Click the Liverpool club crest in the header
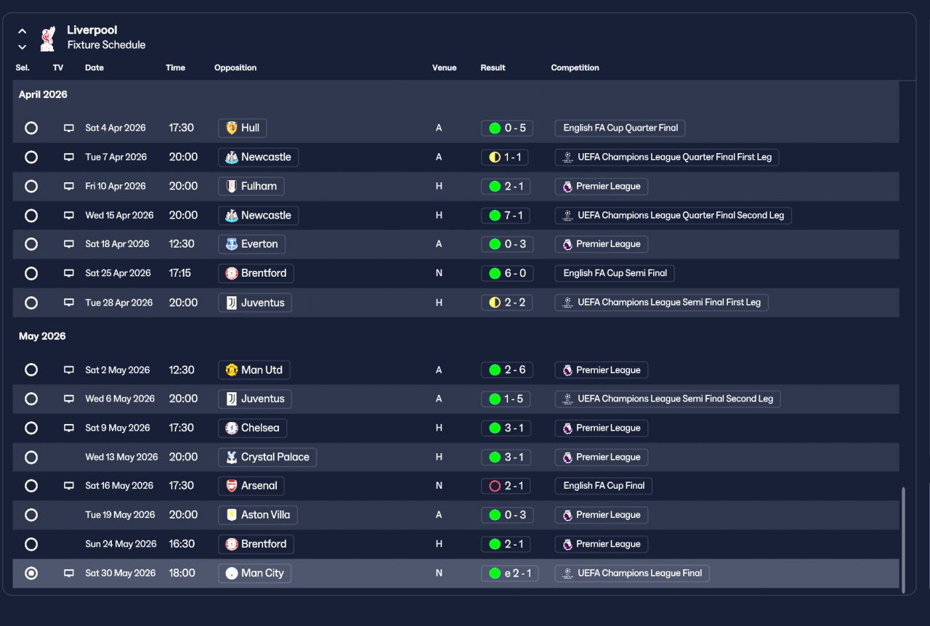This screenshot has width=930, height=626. tap(48, 38)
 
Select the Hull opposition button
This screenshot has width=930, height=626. tap(243, 128)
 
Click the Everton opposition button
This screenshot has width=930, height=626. tap(251, 244)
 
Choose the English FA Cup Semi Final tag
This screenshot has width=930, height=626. tap(615, 273)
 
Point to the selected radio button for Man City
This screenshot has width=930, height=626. tap(31, 573)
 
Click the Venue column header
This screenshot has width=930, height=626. tap(444, 68)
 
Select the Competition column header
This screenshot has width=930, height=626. tap(575, 68)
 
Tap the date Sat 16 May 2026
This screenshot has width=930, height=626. tap(119, 486)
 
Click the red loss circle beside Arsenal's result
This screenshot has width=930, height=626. tap(495, 486)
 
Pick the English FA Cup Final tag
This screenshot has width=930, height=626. tap(604, 486)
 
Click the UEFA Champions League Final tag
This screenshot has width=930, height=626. tap(632, 573)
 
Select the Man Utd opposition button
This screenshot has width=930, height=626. tap(254, 370)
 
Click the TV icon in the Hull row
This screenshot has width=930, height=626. tap(69, 128)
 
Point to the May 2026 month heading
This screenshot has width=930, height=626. tap(42, 336)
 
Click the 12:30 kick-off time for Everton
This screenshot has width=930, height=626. tap(182, 244)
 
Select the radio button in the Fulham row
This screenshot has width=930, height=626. tap(31, 187)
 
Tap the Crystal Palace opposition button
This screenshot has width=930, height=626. tap(267, 457)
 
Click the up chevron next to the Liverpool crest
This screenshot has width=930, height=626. tap(23, 31)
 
